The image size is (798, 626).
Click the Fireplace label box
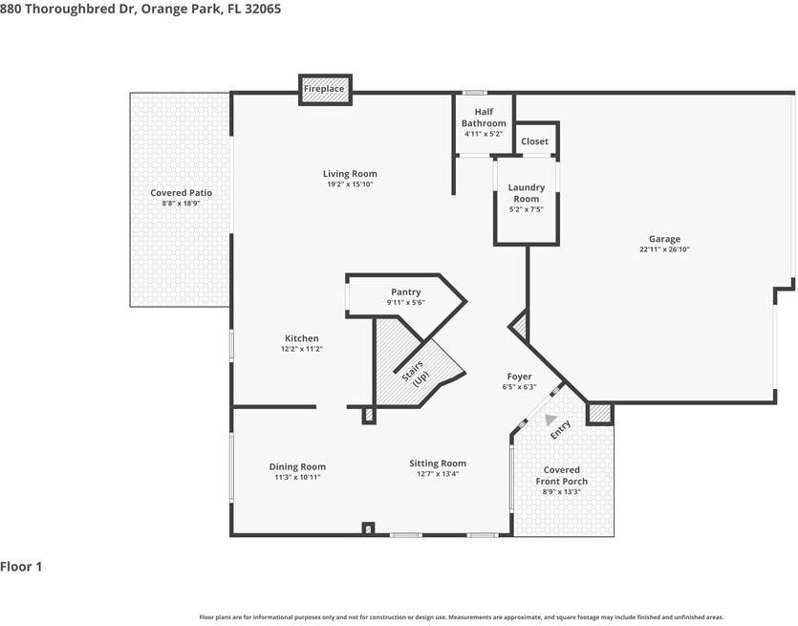[x=325, y=89]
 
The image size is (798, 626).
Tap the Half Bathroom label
[x=484, y=118]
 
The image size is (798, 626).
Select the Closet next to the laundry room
[x=534, y=141]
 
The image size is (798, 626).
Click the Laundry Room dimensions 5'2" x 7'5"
[x=526, y=209]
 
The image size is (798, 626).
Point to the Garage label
[x=664, y=239]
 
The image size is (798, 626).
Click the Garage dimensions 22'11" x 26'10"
[x=664, y=249]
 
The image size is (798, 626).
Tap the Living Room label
[x=350, y=174]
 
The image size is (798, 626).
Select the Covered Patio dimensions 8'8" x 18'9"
[x=181, y=203]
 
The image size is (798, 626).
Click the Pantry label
[x=405, y=292]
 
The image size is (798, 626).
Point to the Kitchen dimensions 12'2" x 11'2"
[x=302, y=349]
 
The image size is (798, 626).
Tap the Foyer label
[x=519, y=377]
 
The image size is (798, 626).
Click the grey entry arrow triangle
[x=550, y=420]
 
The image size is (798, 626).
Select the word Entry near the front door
[x=560, y=429]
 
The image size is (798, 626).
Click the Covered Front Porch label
[x=561, y=475]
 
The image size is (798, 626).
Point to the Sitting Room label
[x=438, y=464]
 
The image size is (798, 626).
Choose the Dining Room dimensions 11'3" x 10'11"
[x=297, y=478]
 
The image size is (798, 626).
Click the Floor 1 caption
[x=21, y=567]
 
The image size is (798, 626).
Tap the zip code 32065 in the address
[x=263, y=9]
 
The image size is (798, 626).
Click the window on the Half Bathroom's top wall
[x=474, y=93]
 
